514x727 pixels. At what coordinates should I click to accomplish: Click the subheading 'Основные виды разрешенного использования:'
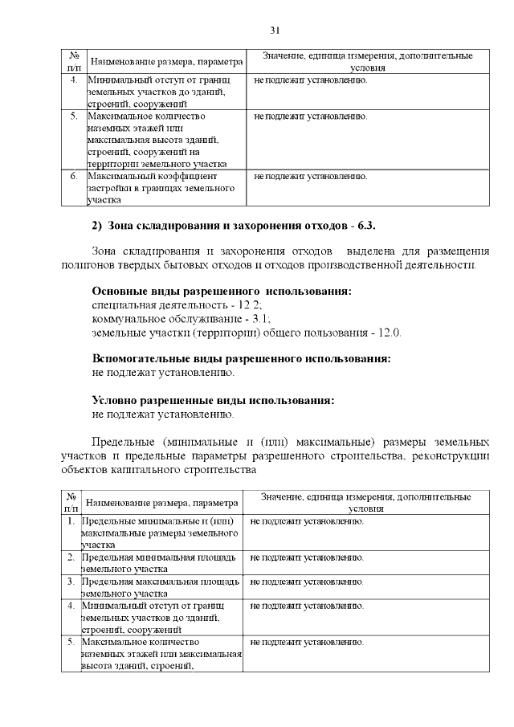click(222, 291)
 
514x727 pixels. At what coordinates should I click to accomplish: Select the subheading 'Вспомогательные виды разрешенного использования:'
click(242, 358)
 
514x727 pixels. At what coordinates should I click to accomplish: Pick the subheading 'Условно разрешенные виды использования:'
click(214, 400)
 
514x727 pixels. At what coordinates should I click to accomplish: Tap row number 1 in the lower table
click(71, 522)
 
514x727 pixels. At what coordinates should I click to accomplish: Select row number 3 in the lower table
click(71, 581)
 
